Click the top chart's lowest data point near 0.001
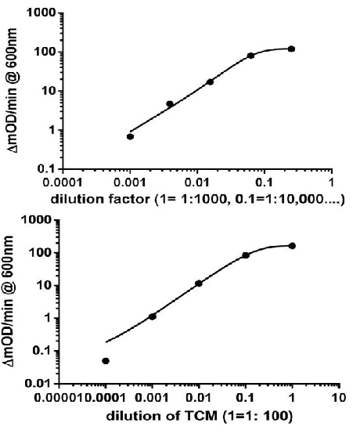(x=131, y=136)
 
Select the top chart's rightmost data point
(x=291, y=49)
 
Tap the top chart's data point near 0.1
(x=250, y=56)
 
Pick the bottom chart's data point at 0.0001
(x=106, y=361)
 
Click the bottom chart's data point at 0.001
(x=153, y=316)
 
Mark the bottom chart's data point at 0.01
(x=199, y=283)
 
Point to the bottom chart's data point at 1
(x=292, y=246)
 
